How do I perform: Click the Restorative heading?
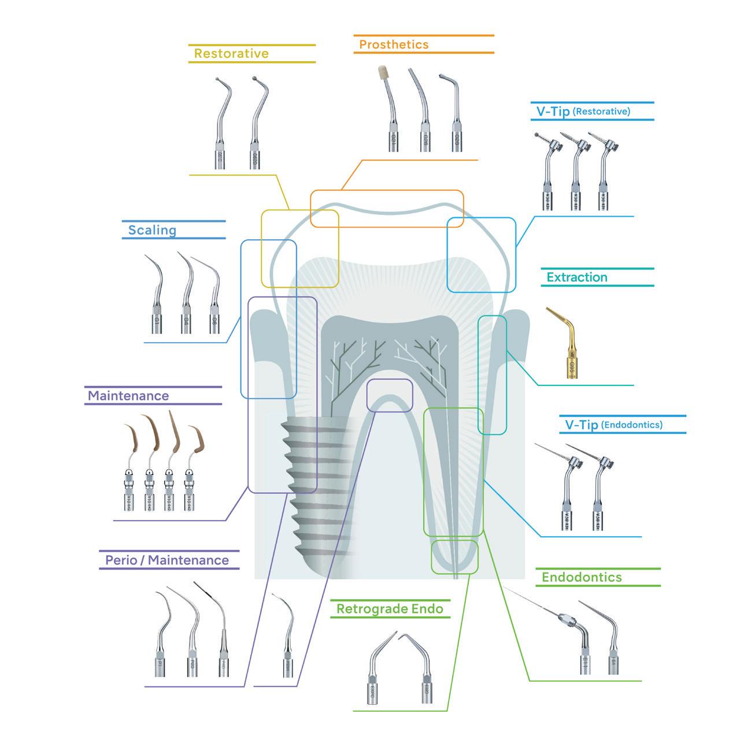tap(231, 54)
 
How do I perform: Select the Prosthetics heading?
tap(394, 44)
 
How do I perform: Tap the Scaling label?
tap(152, 230)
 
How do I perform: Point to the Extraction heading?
tap(577, 277)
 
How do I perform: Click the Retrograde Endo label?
tap(390, 609)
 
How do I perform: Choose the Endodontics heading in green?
tap(582, 577)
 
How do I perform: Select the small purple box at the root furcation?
tap(390, 395)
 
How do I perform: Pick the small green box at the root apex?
tap(455, 556)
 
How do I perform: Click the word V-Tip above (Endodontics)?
tap(581, 425)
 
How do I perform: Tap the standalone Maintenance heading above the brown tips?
tap(128, 396)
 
